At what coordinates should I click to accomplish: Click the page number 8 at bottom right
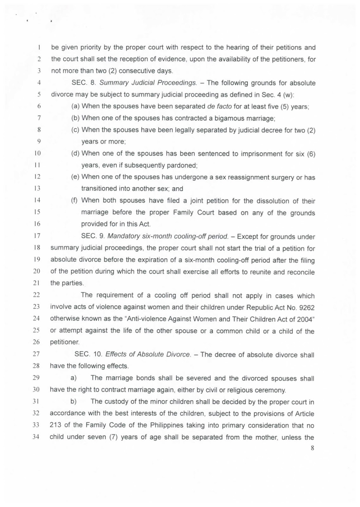pyautogui.click(x=312, y=448)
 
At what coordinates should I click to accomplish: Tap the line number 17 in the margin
pyautogui.click(x=37, y=236)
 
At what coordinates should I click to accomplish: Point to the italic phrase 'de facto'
pyautogui.click(x=219, y=106)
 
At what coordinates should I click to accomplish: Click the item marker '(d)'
pyautogui.click(x=75, y=154)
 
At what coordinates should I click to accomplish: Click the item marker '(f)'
pyautogui.click(x=74, y=201)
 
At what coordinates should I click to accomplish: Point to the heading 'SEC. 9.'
pyautogui.click(x=93, y=236)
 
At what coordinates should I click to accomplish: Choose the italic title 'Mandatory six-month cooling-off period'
pyautogui.click(x=168, y=236)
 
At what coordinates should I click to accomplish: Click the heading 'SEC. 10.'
pyautogui.click(x=88, y=354)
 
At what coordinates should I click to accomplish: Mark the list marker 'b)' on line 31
pyautogui.click(x=73, y=401)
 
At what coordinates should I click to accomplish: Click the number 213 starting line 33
pyautogui.click(x=55, y=425)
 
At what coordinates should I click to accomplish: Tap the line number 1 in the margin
pyautogui.click(x=38, y=48)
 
